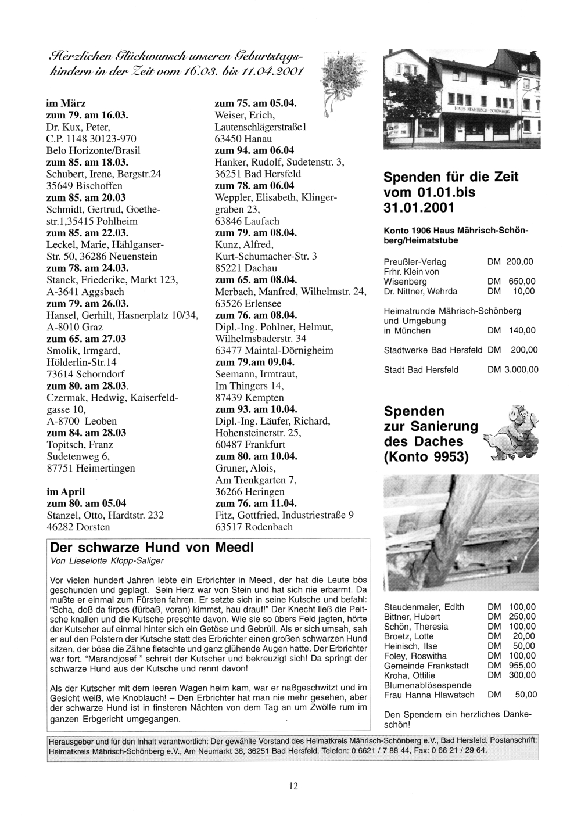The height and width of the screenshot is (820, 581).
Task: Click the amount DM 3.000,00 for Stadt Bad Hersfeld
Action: point(512,369)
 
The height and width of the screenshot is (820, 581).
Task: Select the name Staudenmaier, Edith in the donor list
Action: point(424,607)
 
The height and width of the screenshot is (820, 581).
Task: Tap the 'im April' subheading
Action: point(66,491)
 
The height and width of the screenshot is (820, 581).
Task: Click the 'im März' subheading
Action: point(66,103)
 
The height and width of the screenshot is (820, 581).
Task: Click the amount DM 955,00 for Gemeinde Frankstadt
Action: point(512,666)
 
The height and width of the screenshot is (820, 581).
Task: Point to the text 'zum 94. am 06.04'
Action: point(254,150)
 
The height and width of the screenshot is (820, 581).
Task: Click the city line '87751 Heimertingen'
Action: point(91,468)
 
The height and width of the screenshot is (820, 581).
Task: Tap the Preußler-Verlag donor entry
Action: point(415,262)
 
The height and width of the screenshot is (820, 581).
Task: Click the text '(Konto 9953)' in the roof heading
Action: point(426,457)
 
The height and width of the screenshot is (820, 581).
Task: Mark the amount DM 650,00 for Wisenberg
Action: point(512,282)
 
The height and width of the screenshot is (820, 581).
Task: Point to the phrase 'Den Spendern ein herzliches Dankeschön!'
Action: point(458,720)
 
